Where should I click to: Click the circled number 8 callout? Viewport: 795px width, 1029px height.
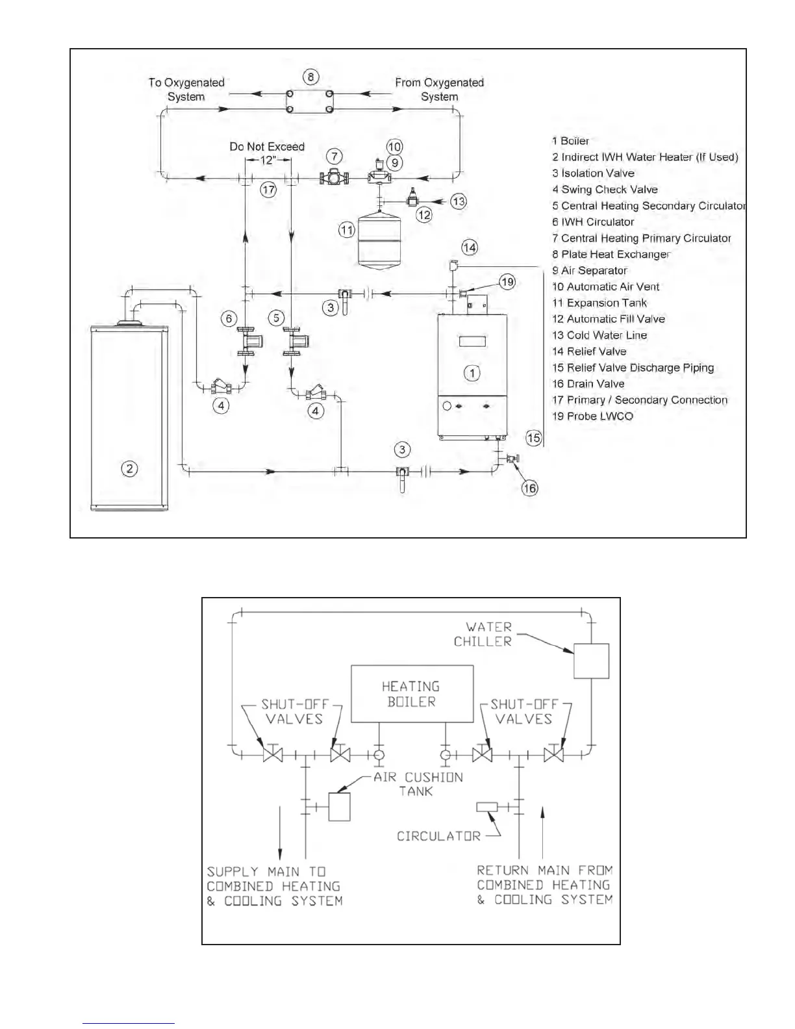(310, 77)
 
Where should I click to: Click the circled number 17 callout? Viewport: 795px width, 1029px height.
(268, 190)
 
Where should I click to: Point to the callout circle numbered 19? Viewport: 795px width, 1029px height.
(507, 281)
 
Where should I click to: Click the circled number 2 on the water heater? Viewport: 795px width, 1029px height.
(129, 468)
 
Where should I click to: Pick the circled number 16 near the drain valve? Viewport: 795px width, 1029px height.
(530, 488)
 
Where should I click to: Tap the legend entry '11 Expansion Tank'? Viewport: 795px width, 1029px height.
(599, 303)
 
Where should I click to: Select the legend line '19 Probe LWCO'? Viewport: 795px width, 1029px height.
(592, 416)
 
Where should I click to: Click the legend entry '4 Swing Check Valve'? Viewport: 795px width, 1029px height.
(605, 190)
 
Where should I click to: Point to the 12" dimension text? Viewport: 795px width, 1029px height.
(268, 160)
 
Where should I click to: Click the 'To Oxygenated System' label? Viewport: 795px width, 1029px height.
(186, 90)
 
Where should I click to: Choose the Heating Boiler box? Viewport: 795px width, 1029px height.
(412, 694)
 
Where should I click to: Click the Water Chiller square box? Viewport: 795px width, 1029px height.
(591, 661)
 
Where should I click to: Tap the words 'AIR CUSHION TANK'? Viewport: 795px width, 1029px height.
(418, 784)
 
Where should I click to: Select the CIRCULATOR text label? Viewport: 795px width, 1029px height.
(438, 836)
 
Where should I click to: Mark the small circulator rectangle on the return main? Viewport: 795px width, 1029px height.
(487, 807)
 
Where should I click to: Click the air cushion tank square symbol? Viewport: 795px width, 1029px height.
(339, 807)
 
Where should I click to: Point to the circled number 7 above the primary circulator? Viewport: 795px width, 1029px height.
(334, 156)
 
